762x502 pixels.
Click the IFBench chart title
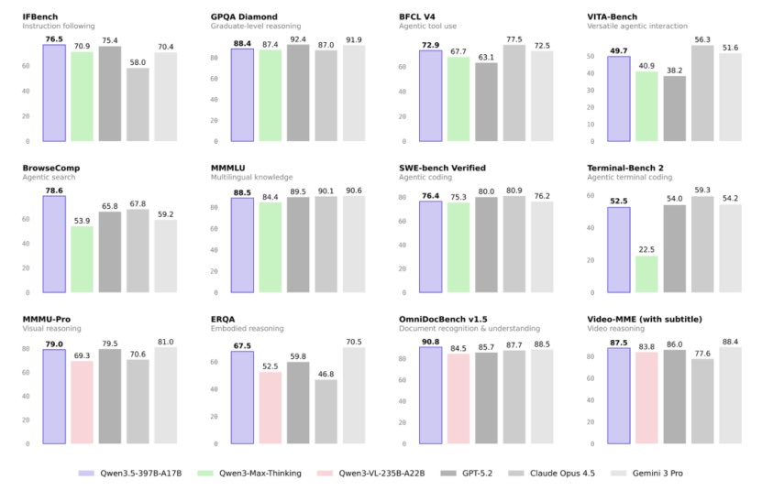(39, 17)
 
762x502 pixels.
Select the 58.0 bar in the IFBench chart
(138, 104)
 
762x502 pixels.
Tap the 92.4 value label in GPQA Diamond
(298, 39)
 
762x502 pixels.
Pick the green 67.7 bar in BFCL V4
(458, 99)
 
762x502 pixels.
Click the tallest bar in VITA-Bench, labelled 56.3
(702, 93)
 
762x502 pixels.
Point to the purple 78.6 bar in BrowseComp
(54, 245)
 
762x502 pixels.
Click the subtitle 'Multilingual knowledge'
(252, 177)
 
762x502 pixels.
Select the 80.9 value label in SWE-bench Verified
(514, 191)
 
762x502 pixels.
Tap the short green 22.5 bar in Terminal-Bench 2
(646, 274)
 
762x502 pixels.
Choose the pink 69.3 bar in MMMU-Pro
(82, 402)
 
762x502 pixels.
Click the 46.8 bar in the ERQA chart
(326, 411)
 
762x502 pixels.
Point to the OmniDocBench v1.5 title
(443, 320)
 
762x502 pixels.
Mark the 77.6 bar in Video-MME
(702, 401)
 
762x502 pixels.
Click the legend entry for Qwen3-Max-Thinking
(249, 474)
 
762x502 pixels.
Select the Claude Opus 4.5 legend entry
(552, 474)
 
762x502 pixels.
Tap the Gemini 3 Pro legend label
(657, 474)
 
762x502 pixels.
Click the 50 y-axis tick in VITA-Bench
(591, 56)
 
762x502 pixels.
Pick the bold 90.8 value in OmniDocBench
(431, 342)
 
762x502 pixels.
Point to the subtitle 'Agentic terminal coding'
(629, 177)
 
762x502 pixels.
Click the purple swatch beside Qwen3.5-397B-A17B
(86, 474)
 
